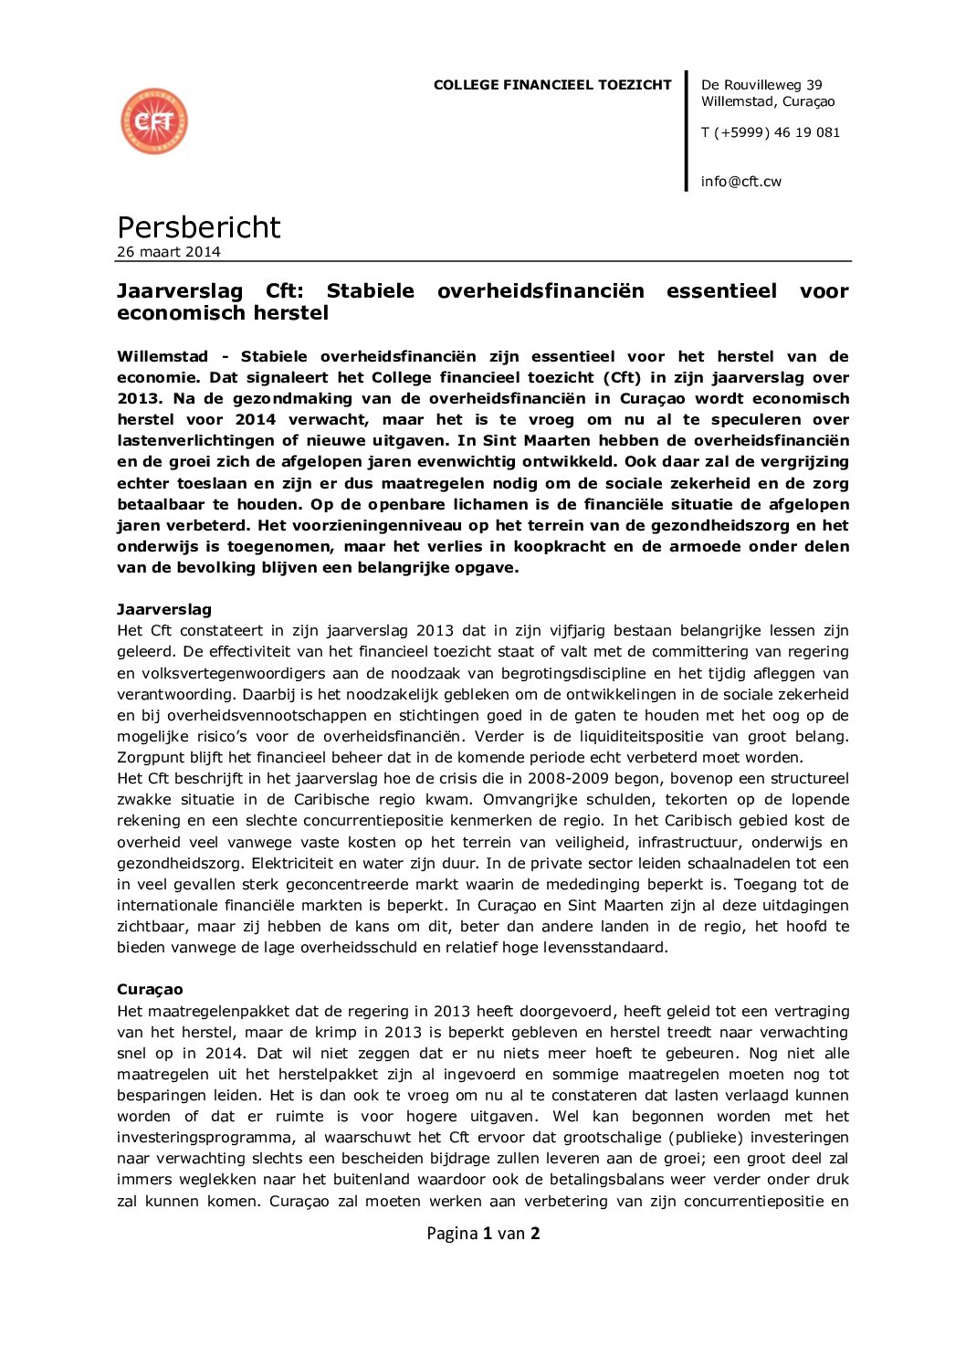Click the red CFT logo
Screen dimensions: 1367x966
pos(154,121)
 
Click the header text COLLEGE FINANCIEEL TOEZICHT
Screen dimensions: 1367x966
pos(552,85)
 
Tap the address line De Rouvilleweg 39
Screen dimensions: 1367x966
pos(761,85)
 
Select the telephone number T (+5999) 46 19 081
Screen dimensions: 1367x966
pos(771,132)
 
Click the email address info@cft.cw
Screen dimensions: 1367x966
pos(741,182)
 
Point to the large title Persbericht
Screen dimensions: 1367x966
pos(199,226)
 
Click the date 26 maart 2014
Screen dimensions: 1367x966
pos(169,252)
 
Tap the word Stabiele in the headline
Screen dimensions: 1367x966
pos(370,291)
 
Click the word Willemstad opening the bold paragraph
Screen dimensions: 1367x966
pos(163,356)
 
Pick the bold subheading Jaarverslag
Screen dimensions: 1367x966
pos(164,609)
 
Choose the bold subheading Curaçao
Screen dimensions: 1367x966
pos(150,989)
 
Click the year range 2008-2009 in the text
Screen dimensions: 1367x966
pos(613,778)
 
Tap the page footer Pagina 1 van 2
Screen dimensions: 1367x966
pos(483,1234)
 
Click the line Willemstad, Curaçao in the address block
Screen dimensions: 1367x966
pos(768,101)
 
